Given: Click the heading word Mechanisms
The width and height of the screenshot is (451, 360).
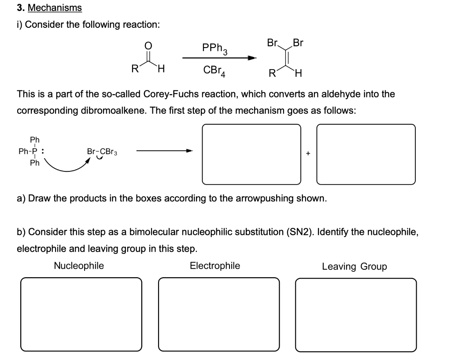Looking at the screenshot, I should (55, 8).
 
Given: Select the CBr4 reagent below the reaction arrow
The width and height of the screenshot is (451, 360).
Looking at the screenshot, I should (214, 70).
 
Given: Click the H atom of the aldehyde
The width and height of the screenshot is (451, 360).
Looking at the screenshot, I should (162, 69).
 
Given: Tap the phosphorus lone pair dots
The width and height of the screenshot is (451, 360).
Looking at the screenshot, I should (42, 151).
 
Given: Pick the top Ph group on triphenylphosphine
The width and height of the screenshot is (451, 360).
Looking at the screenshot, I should (34, 140).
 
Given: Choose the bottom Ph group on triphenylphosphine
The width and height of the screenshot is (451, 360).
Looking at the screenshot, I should (34, 163).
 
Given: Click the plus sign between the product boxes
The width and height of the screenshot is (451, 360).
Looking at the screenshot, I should (308, 153).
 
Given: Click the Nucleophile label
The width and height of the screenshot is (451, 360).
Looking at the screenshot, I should (79, 266).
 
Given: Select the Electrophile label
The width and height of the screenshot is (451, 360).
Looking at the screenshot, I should (215, 266).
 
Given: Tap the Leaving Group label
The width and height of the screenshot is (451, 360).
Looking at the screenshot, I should (354, 266).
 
